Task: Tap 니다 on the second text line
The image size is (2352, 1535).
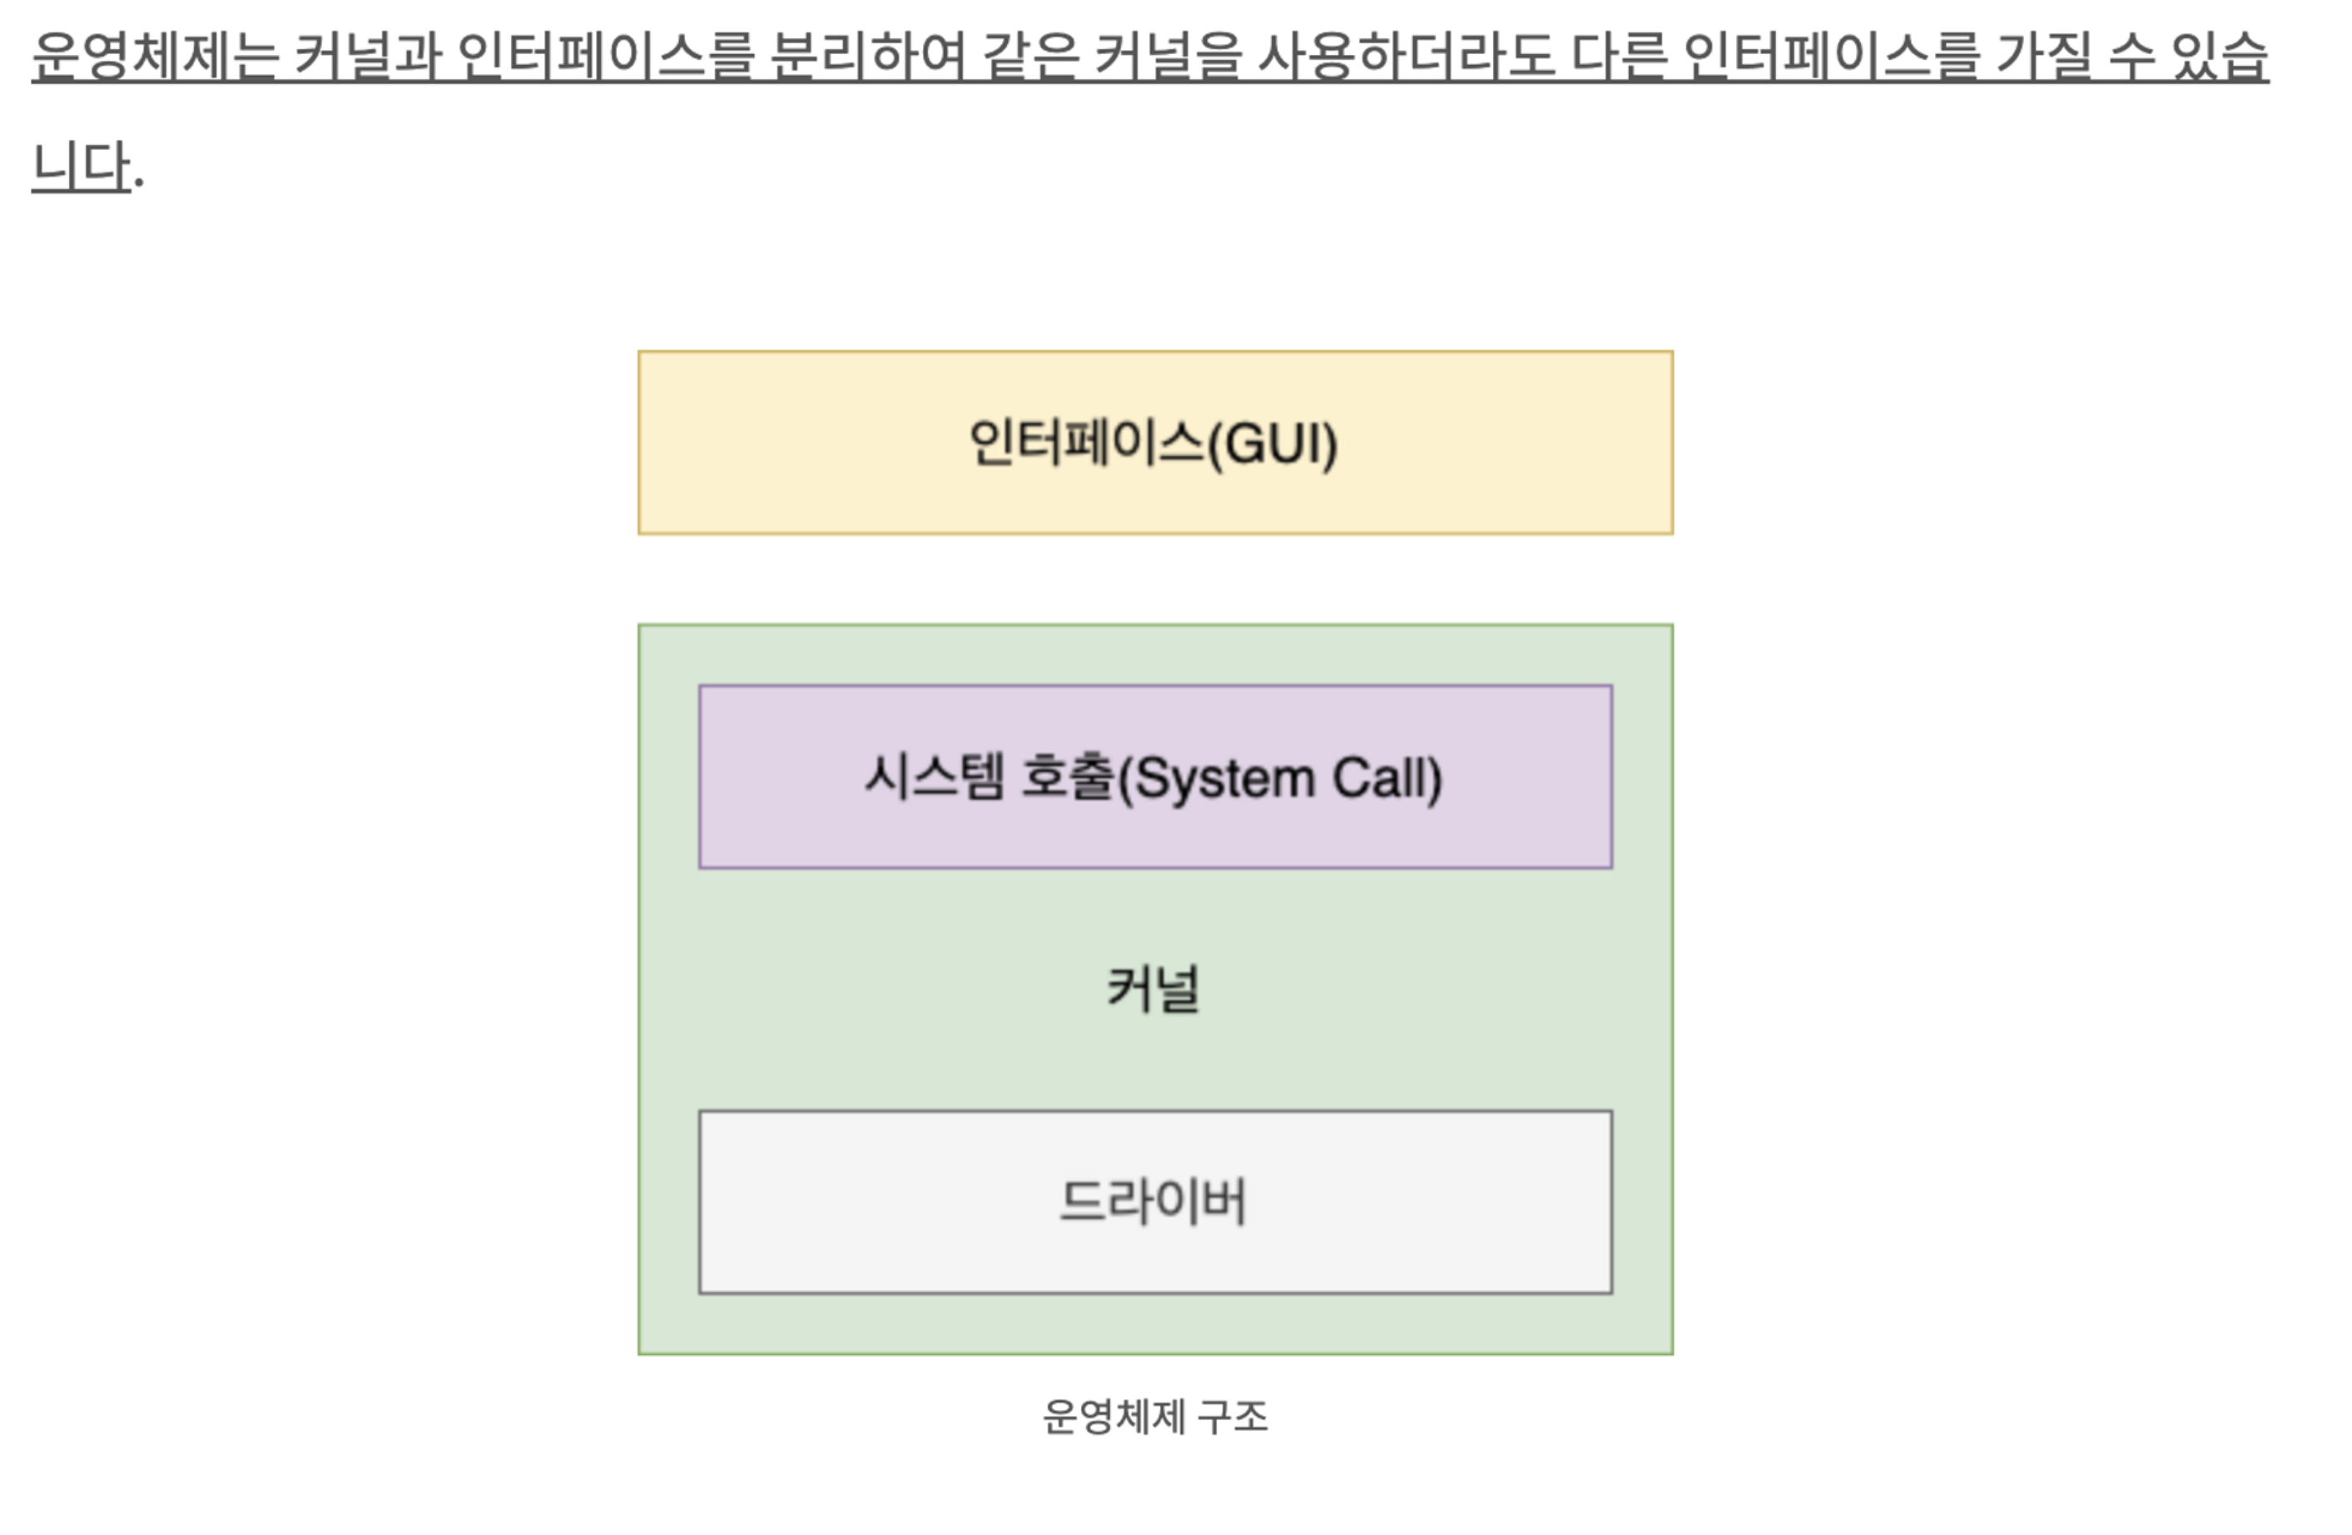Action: click(x=81, y=166)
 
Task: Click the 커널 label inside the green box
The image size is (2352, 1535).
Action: click(x=1154, y=988)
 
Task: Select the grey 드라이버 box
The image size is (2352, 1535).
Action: click(x=1154, y=1202)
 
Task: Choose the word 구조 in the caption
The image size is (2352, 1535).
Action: click(x=1233, y=1417)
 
